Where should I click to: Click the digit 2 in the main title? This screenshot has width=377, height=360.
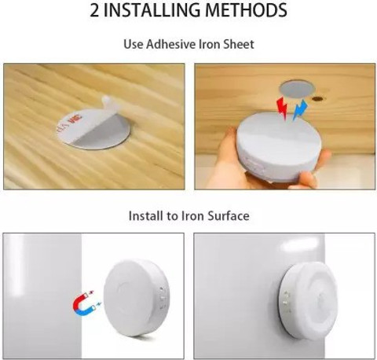tap(95, 10)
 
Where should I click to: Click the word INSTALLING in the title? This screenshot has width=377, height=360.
tap(154, 10)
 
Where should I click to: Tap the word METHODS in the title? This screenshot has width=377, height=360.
tap(246, 10)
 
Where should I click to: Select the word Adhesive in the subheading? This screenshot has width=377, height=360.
tap(171, 44)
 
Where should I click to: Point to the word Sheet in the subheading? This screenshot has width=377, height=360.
tap(239, 44)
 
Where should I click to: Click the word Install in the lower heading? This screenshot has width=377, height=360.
tap(145, 216)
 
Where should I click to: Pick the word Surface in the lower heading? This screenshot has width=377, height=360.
tap(229, 216)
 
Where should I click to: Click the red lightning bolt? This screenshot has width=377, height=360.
tap(282, 108)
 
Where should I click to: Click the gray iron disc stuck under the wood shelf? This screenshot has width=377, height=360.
tap(298, 90)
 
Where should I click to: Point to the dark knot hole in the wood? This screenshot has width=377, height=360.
tap(318, 99)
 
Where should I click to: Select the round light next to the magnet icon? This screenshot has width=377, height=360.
tap(136, 298)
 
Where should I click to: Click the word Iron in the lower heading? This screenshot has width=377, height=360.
tap(192, 216)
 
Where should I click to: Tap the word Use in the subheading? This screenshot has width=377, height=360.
tap(134, 44)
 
